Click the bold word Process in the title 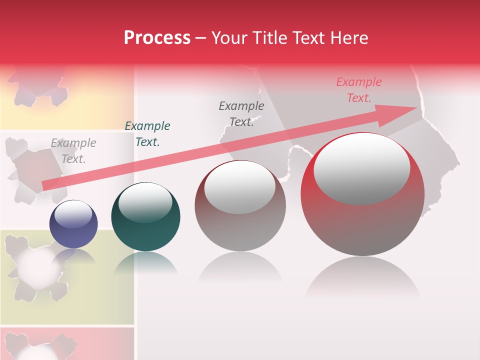(x=157, y=38)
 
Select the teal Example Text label (x=147, y=134)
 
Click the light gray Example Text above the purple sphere (x=73, y=151)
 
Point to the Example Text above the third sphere (x=241, y=113)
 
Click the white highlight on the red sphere (x=362, y=168)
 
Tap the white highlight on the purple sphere (x=73, y=214)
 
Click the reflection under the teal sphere (x=145, y=262)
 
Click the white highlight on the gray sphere (x=240, y=186)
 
